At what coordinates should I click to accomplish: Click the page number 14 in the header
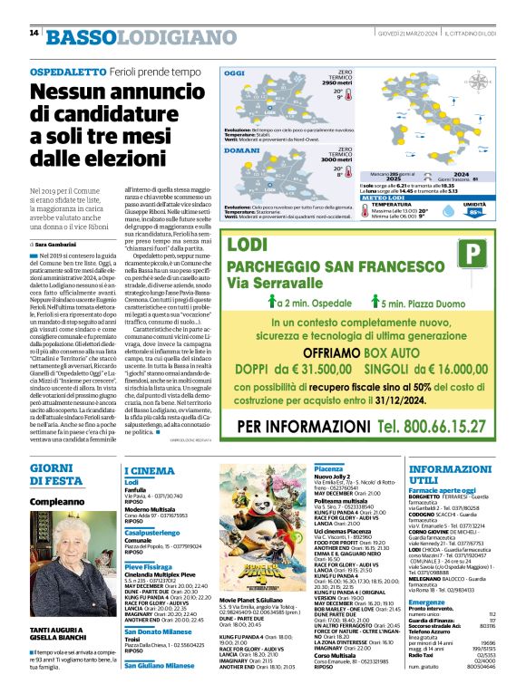click(34, 34)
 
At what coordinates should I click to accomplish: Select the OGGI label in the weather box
click(235, 72)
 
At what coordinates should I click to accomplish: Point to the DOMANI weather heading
click(241, 150)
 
